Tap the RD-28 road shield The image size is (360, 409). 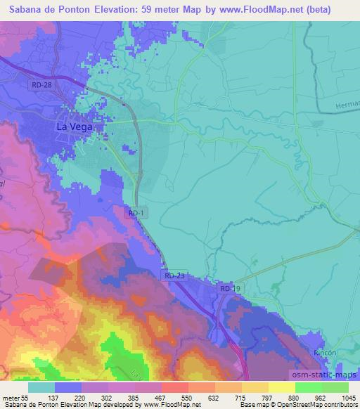click(x=41, y=84)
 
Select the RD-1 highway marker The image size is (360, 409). click(x=138, y=212)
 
